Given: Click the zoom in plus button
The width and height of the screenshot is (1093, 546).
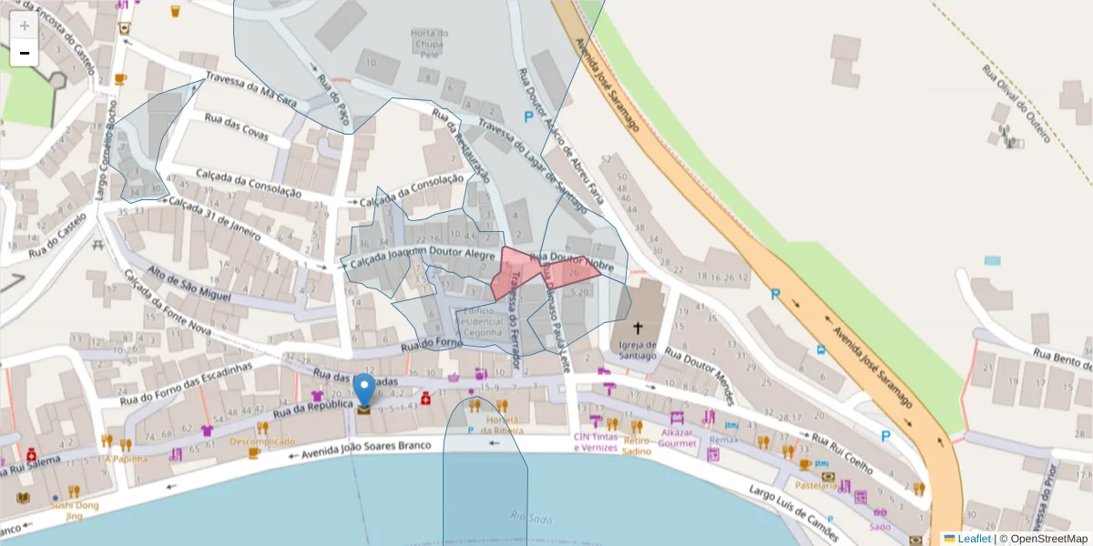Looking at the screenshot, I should click(25, 25).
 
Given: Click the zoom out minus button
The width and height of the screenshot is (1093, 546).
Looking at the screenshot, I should click(25, 53).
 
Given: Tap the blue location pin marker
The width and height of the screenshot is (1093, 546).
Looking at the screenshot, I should click(364, 390).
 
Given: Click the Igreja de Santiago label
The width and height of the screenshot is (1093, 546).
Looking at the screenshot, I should click(638, 350).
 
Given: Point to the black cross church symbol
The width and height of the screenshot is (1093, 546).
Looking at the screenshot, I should click(638, 328).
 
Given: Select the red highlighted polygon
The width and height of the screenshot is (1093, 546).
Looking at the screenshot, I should click(537, 271).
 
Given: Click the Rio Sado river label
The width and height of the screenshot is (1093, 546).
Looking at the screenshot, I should click(532, 519).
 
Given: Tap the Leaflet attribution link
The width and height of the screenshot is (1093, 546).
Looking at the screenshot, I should click(974, 539).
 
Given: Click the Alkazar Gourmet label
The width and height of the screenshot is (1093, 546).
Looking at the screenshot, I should click(678, 439).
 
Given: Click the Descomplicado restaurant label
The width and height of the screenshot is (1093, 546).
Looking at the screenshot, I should click(262, 442).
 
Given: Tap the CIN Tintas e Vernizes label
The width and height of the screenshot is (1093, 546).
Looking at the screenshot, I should click(596, 442).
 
